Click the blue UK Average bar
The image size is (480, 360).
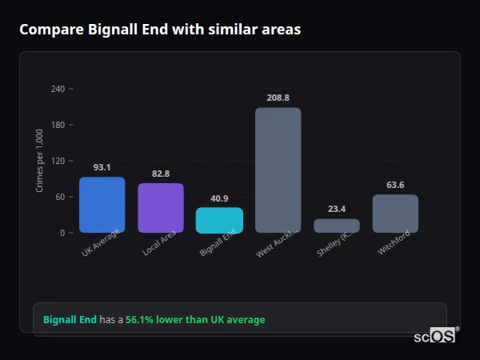click(x=102, y=205)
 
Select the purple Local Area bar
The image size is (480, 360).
click(x=161, y=208)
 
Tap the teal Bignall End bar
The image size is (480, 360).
click(x=219, y=220)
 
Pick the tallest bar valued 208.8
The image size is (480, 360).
click(x=278, y=170)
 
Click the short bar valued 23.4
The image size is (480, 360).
click(x=336, y=226)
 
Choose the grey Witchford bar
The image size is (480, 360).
click(x=395, y=214)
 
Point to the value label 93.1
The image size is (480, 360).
click(x=102, y=168)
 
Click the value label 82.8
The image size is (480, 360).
click(x=161, y=174)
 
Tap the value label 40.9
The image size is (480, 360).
click(x=219, y=198)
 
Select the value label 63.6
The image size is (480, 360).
click(x=395, y=185)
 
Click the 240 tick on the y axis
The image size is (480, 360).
click(x=58, y=89)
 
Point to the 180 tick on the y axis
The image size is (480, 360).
click(x=58, y=125)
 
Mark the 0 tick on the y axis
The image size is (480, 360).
click(x=62, y=233)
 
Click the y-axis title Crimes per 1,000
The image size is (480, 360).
click(x=40, y=161)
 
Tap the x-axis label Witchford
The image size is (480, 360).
click(x=394, y=243)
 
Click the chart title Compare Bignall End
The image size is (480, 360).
click(x=160, y=30)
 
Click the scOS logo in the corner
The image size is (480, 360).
click(x=435, y=336)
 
